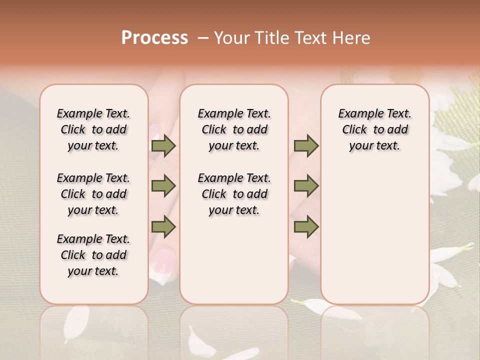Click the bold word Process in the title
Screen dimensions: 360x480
[x=154, y=38]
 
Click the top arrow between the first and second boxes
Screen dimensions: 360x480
[x=163, y=146]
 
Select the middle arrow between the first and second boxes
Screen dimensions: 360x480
[x=163, y=186]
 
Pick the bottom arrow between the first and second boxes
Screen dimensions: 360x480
[x=163, y=227]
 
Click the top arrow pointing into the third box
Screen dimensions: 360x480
[x=306, y=146]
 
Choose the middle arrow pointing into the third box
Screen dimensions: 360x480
[x=306, y=186]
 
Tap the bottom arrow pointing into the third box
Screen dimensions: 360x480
[x=306, y=227]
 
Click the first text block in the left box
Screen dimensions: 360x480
[x=93, y=129]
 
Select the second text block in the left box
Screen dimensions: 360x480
[x=93, y=194]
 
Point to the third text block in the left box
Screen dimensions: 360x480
[x=93, y=255]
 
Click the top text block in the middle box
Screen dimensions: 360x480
[x=234, y=129]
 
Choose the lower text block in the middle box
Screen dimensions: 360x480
[x=234, y=194]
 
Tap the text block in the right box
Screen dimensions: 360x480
[x=374, y=129]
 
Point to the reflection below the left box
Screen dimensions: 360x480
[x=94, y=325]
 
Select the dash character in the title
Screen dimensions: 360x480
[x=203, y=38]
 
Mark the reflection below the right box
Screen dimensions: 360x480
[x=374, y=325]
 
